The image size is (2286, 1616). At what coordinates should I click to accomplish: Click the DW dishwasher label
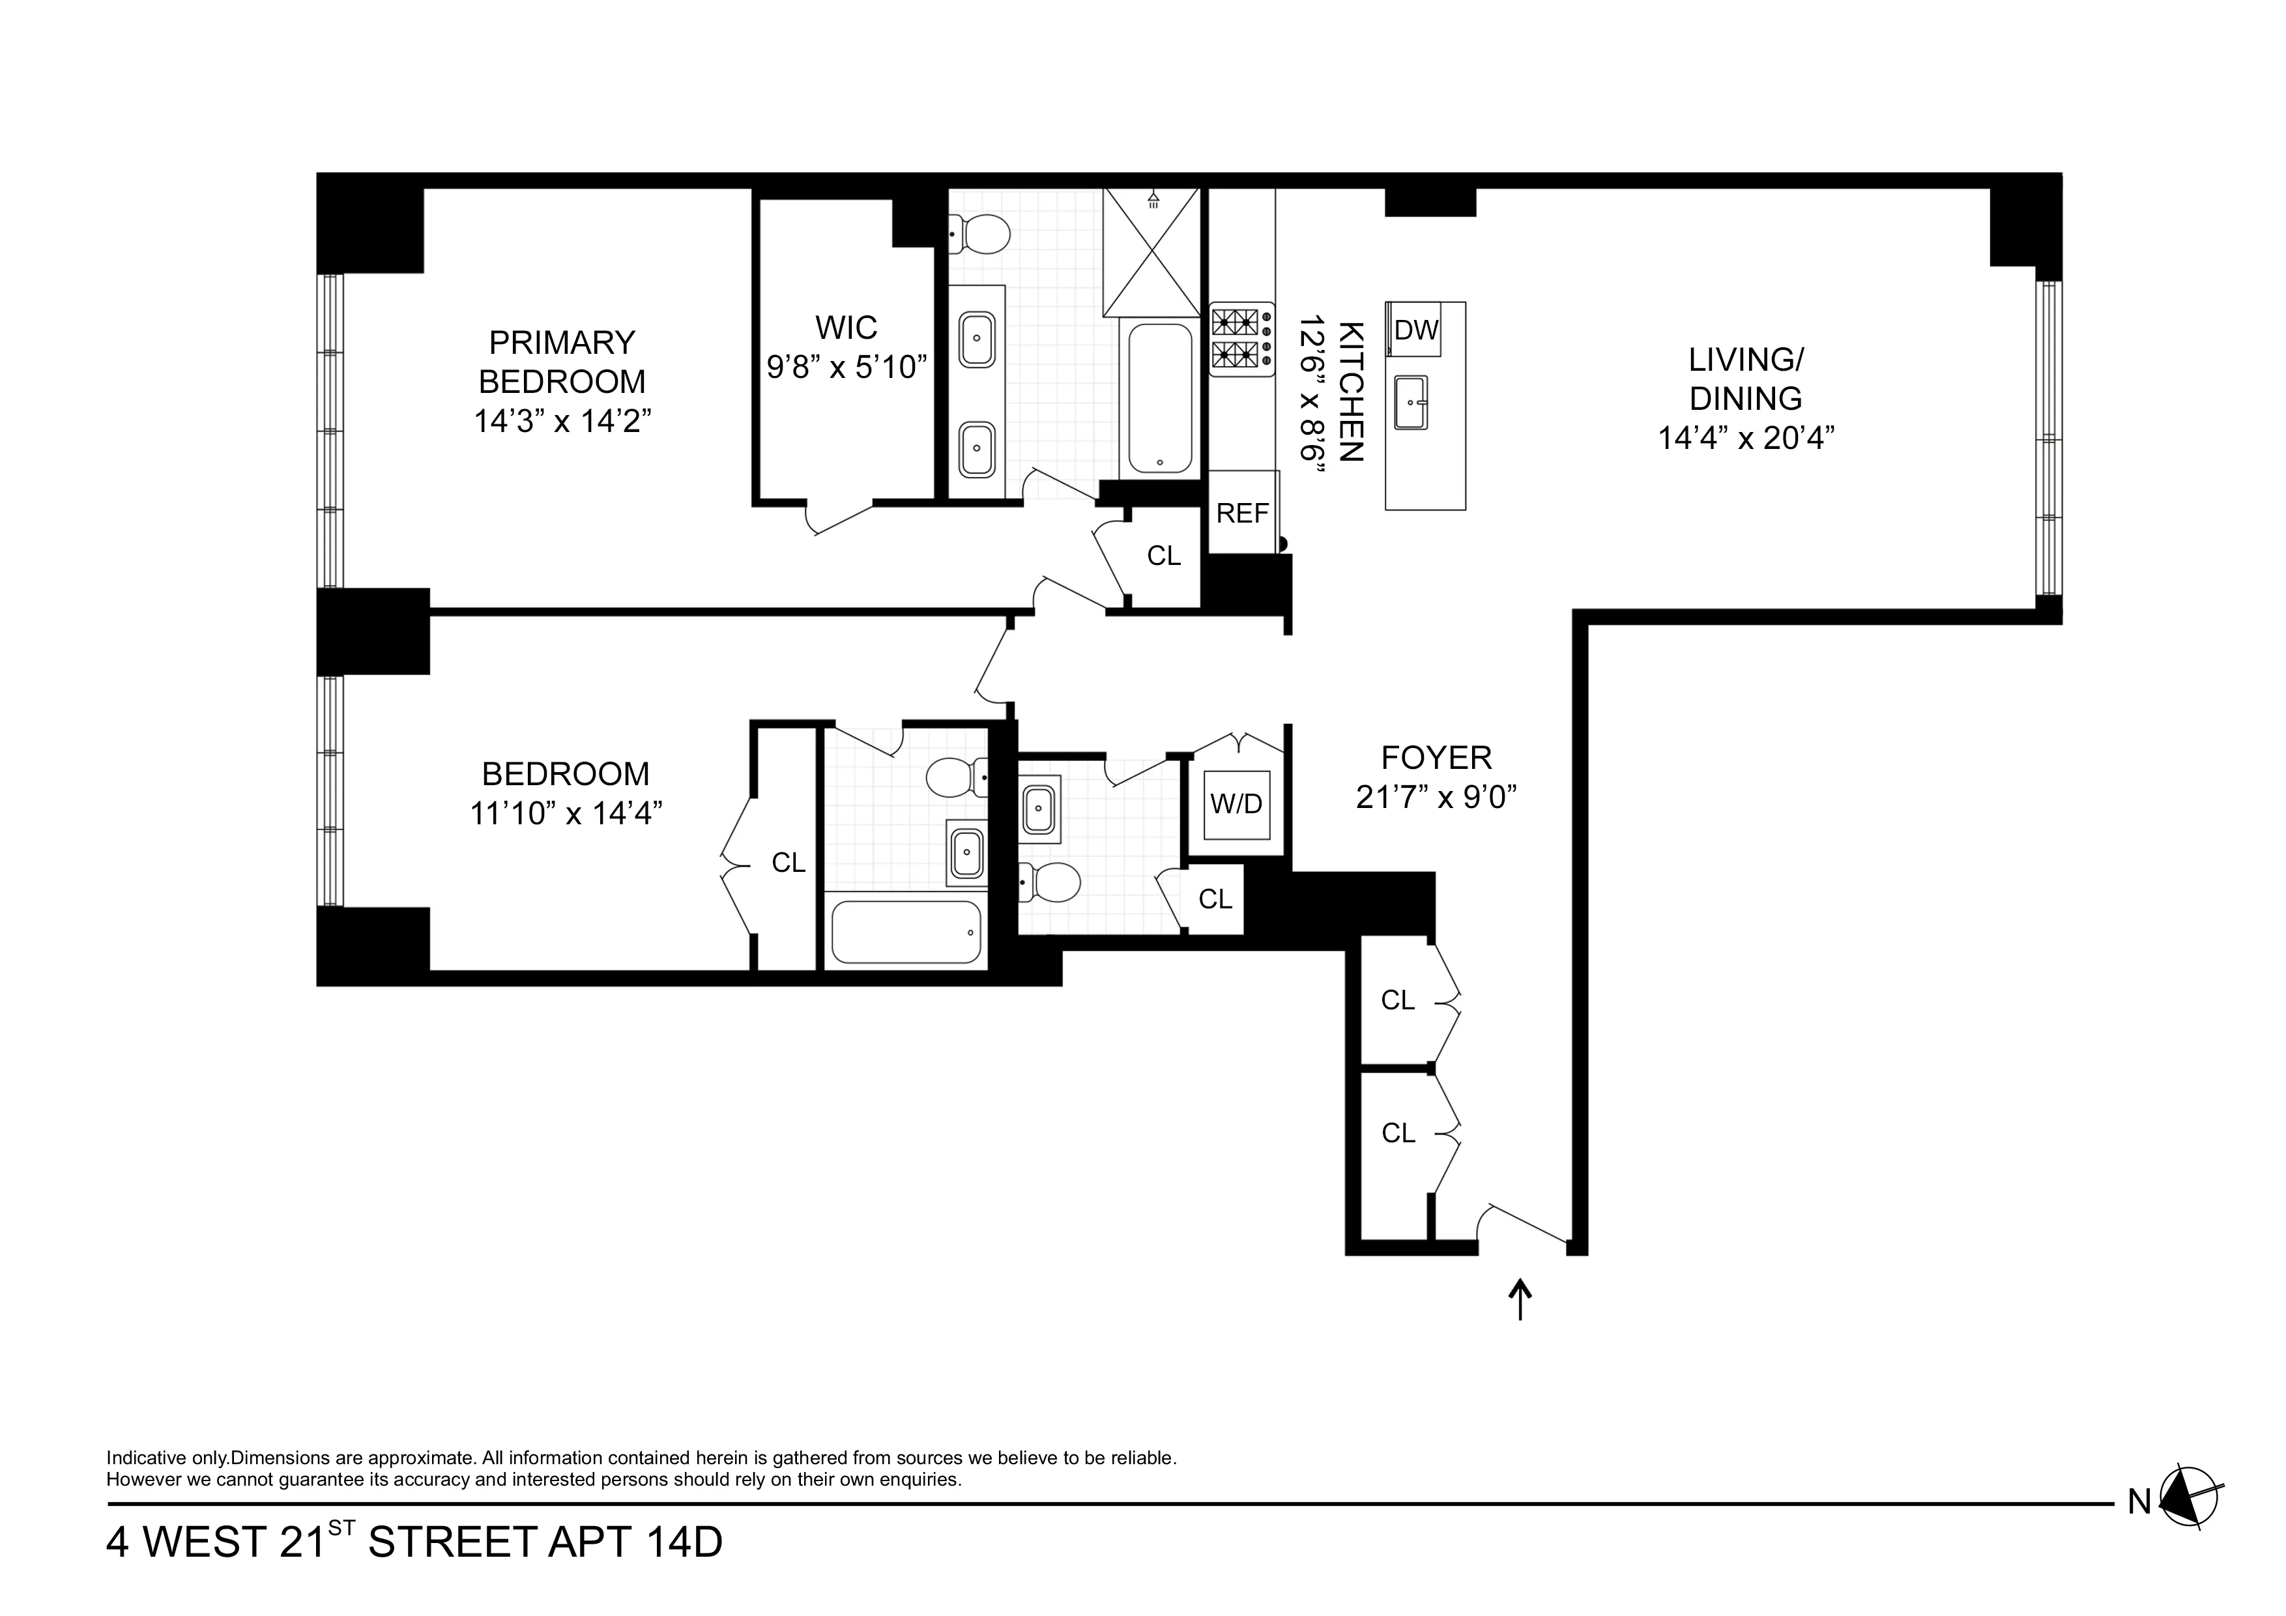tap(1416, 330)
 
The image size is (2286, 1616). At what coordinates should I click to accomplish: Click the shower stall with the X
tap(1152, 252)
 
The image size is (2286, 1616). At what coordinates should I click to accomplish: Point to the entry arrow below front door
tap(1520, 1299)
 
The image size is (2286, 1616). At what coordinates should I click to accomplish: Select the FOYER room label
tap(1436, 758)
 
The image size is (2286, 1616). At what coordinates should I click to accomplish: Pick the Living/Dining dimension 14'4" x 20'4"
tap(1745, 438)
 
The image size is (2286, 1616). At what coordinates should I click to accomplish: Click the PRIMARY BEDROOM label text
tap(562, 362)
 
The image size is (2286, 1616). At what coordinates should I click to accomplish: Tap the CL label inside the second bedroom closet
tap(789, 863)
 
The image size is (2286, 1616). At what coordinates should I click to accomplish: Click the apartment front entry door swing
tap(1524, 1224)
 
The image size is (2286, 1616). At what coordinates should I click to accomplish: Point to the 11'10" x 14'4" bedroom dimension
tap(566, 813)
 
